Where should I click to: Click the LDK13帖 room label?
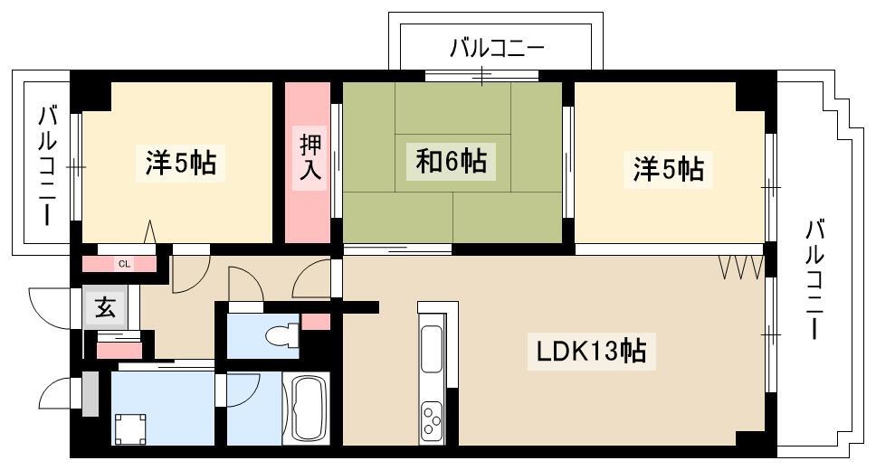click(x=591, y=351)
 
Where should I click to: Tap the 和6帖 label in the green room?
click(x=451, y=161)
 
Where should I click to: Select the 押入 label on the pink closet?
click(x=310, y=157)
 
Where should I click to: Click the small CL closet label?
click(x=124, y=264)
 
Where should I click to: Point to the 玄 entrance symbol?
click(x=105, y=307)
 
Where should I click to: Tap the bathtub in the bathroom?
click(x=306, y=409)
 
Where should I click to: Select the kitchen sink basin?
click(x=432, y=349)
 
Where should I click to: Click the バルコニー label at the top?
click(x=497, y=49)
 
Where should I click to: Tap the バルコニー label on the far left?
click(x=48, y=165)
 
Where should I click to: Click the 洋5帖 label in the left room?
click(x=180, y=163)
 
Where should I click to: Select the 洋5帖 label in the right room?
click(x=668, y=169)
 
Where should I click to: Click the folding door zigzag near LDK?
click(x=741, y=268)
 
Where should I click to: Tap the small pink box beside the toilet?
click(x=316, y=322)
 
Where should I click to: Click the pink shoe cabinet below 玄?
click(x=119, y=351)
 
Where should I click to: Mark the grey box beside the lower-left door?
click(x=90, y=394)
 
